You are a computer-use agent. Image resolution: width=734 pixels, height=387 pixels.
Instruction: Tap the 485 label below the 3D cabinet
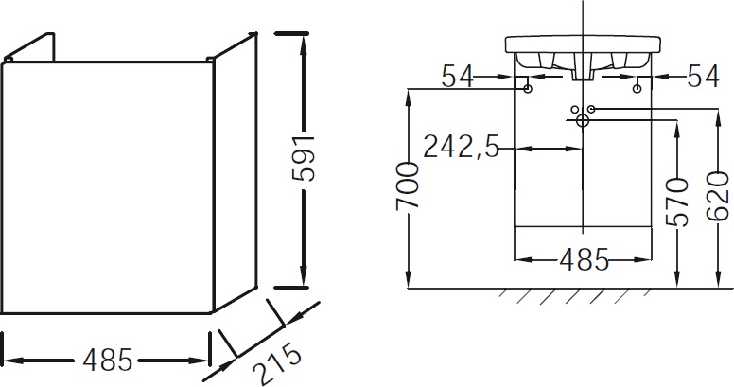(x=106, y=361)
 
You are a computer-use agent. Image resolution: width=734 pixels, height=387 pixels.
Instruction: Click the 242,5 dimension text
(x=461, y=148)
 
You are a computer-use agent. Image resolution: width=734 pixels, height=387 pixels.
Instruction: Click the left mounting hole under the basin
(x=527, y=89)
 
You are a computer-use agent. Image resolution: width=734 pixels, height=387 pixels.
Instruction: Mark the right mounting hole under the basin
(x=638, y=89)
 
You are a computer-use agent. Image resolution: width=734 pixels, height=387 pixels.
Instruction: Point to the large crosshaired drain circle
(x=583, y=120)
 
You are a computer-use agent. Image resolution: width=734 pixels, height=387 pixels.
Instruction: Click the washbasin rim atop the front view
(x=583, y=44)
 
